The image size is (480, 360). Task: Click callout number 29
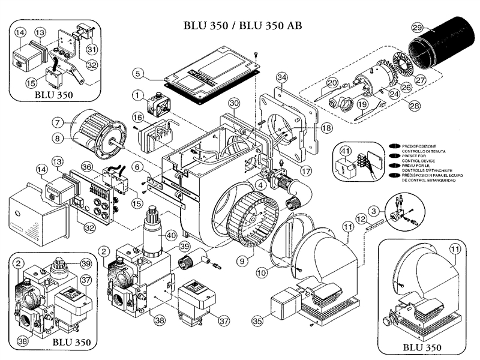418,26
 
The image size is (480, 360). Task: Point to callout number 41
344,150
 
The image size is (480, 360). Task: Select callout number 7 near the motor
58,122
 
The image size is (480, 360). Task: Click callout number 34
282,77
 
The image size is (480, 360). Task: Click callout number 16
137,116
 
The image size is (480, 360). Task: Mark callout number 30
234,103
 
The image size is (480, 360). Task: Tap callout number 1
137,95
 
